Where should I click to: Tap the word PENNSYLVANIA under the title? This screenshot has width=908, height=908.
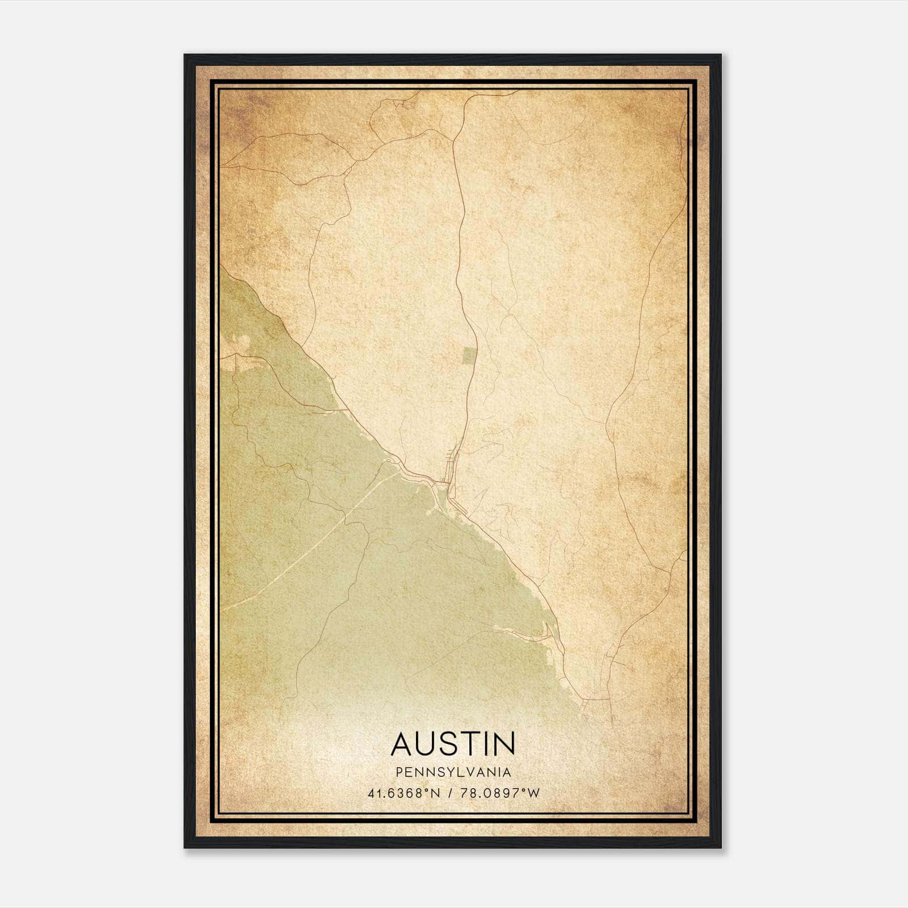453,772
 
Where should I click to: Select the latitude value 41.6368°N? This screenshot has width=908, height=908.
404,793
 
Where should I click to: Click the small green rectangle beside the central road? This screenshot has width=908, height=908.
469,356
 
